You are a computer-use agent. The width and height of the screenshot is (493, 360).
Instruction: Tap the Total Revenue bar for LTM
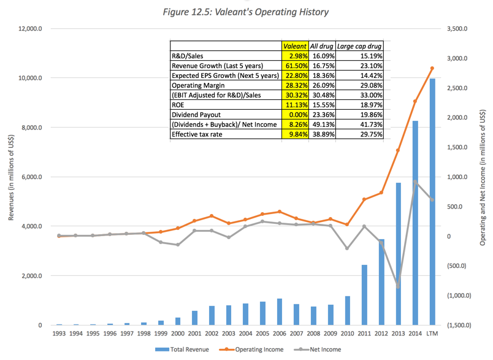coord(432,202)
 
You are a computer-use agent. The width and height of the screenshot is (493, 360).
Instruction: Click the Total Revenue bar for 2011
coord(364,295)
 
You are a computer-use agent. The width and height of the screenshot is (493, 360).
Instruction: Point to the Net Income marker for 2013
coord(397,286)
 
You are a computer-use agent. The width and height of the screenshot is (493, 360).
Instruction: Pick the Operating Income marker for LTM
coord(432,68)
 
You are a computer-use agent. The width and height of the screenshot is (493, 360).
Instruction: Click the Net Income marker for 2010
coord(346,248)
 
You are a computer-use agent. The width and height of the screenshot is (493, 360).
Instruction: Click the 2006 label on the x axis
coord(278,334)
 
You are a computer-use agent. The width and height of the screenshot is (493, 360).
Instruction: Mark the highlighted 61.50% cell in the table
coord(294,65)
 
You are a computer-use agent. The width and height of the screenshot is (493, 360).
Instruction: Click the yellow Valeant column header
coord(294,46)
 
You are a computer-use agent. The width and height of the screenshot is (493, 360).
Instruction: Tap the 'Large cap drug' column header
coord(364,46)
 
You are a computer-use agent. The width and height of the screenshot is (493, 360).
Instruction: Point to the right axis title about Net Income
coord(483,178)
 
